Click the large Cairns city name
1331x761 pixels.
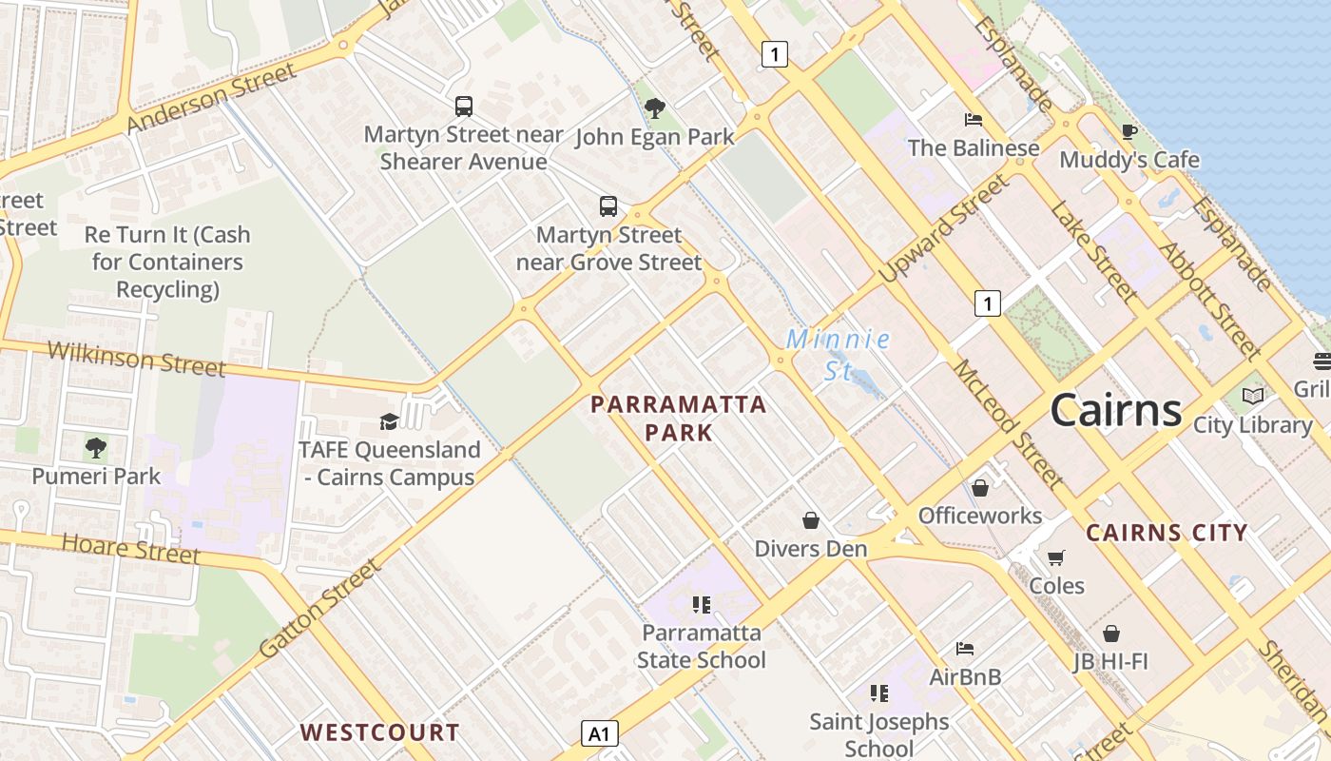pos(1115,410)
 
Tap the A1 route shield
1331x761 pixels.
pos(599,733)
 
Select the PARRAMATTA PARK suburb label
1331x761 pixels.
pos(678,419)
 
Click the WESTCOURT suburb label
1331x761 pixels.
pos(380,732)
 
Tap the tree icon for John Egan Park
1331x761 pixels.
pos(654,108)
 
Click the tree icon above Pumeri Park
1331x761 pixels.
pos(95,447)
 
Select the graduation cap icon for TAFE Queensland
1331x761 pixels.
pos(389,421)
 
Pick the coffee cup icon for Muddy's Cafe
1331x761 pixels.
pos(1128,131)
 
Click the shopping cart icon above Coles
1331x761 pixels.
pos(1056,557)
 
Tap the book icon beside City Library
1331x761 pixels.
pos(1253,396)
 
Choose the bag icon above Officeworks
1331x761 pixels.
pos(980,488)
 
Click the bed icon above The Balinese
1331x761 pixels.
pos(973,120)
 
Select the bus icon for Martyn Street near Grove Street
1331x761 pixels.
pos(608,205)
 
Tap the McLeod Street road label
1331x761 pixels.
pos(1007,422)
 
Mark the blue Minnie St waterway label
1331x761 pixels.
pos(838,354)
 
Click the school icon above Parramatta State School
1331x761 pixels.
pos(702,605)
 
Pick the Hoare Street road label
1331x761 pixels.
pos(131,549)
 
